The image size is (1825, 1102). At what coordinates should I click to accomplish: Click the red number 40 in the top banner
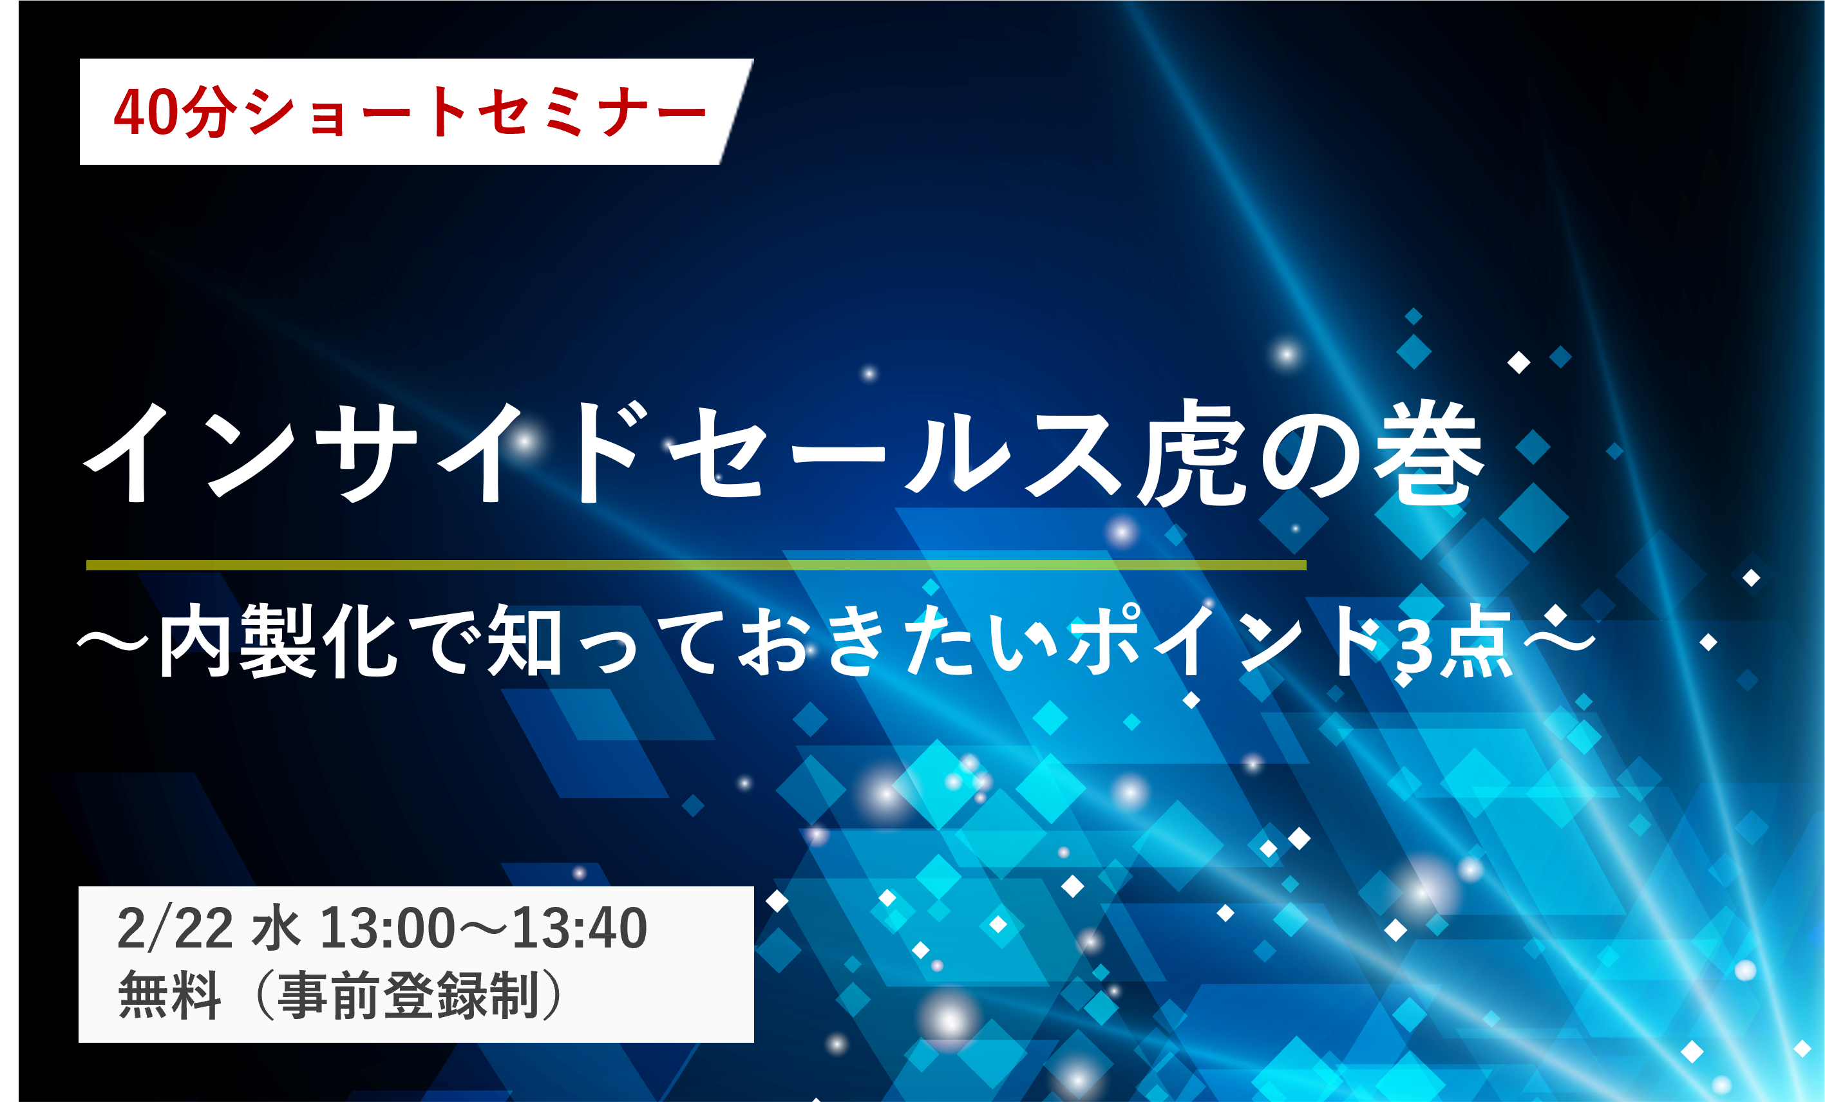[146, 112]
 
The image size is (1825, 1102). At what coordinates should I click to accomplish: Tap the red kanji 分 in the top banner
[211, 112]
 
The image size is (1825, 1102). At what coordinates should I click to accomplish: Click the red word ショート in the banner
[356, 112]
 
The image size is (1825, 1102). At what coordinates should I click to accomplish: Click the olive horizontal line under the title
[696, 565]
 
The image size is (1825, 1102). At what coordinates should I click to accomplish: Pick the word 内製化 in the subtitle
[278, 640]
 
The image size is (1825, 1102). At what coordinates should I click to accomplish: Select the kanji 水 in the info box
[276, 928]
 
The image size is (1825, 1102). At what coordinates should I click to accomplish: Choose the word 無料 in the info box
[169, 995]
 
